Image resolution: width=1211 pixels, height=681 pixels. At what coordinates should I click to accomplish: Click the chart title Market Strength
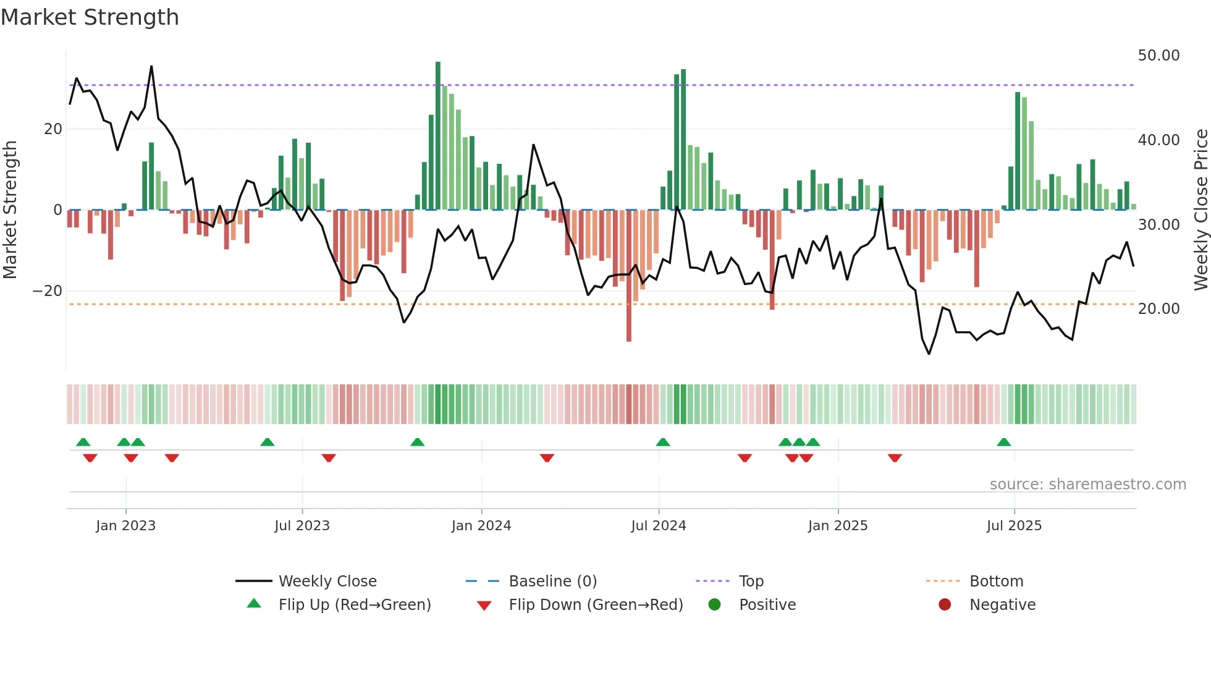[90, 17]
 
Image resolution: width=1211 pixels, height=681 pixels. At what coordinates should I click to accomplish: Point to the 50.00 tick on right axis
[1158, 56]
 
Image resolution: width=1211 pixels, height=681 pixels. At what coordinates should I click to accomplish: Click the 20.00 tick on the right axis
[1158, 309]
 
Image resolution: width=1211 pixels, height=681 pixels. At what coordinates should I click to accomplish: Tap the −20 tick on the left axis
[48, 291]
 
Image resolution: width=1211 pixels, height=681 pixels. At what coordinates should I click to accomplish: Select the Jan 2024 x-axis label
[481, 526]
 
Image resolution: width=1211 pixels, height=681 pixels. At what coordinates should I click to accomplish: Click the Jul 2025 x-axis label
[1014, 526]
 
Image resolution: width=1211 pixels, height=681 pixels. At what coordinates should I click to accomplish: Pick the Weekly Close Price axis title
[1200, 209]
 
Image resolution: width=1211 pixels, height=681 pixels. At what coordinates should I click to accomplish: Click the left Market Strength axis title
[11, 209]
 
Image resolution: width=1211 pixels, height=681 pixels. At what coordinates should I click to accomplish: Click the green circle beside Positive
[714, 604]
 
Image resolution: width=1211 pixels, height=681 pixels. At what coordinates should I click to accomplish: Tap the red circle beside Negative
[945, 604]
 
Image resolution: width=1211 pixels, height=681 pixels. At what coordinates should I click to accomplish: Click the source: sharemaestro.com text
[1087, 484]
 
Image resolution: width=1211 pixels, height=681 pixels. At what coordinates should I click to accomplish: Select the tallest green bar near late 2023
[438, 136]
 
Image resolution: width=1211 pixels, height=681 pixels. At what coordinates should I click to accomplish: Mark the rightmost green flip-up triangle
[1004, 442]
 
